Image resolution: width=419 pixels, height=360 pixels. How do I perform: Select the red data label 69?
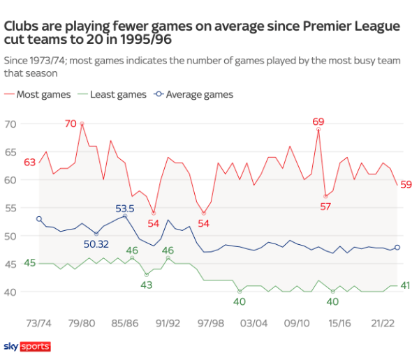[318, 121]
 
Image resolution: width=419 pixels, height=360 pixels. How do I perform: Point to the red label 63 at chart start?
[29, 163]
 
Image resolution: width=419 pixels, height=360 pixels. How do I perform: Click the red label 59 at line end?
[406, 185]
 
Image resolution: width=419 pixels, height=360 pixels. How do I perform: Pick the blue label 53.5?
[124, 207]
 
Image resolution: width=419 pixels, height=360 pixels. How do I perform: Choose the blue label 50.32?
[96, 244]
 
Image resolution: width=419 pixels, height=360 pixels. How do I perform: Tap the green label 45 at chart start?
[29, 262]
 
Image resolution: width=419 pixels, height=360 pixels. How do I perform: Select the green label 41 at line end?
[406, 285]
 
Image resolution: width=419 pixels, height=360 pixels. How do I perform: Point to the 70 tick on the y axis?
[10, 124]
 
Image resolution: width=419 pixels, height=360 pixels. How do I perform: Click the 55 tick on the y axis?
[10, 208]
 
